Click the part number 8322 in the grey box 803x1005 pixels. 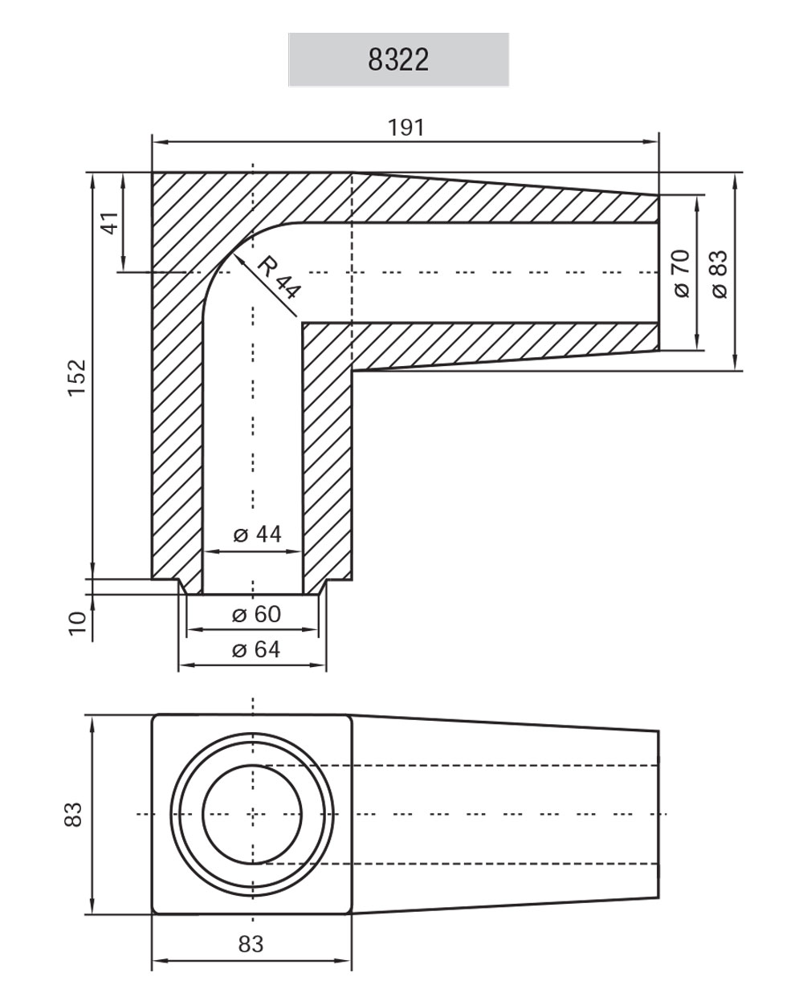(398, 59)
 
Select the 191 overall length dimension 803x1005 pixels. (406, 128)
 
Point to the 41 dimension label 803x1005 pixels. (108, 222)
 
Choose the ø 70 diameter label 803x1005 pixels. (681, 273)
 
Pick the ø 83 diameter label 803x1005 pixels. (718, 273)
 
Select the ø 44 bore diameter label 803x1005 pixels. (257, 535)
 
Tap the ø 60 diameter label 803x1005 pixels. (256, 614)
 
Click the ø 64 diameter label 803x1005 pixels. (256, 649)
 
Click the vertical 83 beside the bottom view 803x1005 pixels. (74, 814)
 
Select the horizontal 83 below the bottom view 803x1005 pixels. (251, 944)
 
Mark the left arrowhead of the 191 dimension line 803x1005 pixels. (158, 142)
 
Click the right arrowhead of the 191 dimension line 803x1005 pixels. (653, 142)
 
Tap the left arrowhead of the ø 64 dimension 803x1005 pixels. (184, 665)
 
